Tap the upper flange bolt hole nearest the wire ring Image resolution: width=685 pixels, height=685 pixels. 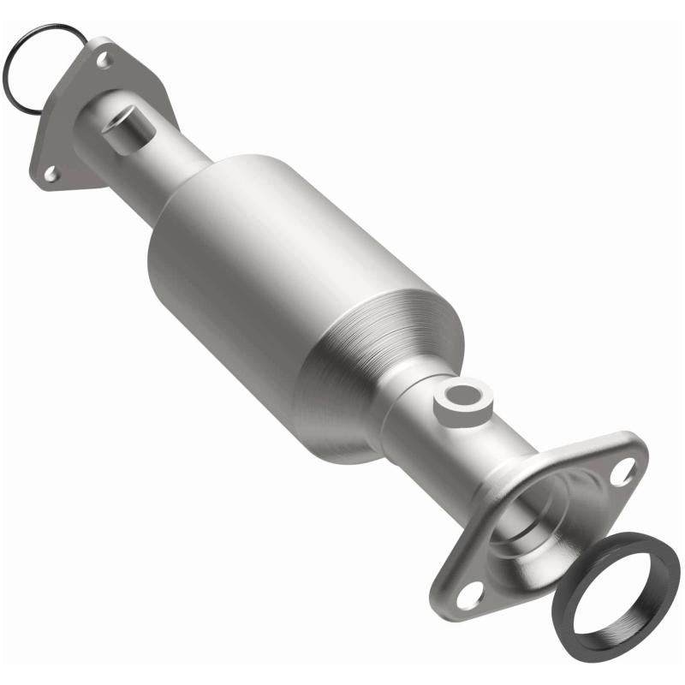(103, 60)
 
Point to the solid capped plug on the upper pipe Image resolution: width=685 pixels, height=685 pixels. (125, 128)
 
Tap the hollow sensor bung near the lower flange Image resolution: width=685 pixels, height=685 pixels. (462, 402)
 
